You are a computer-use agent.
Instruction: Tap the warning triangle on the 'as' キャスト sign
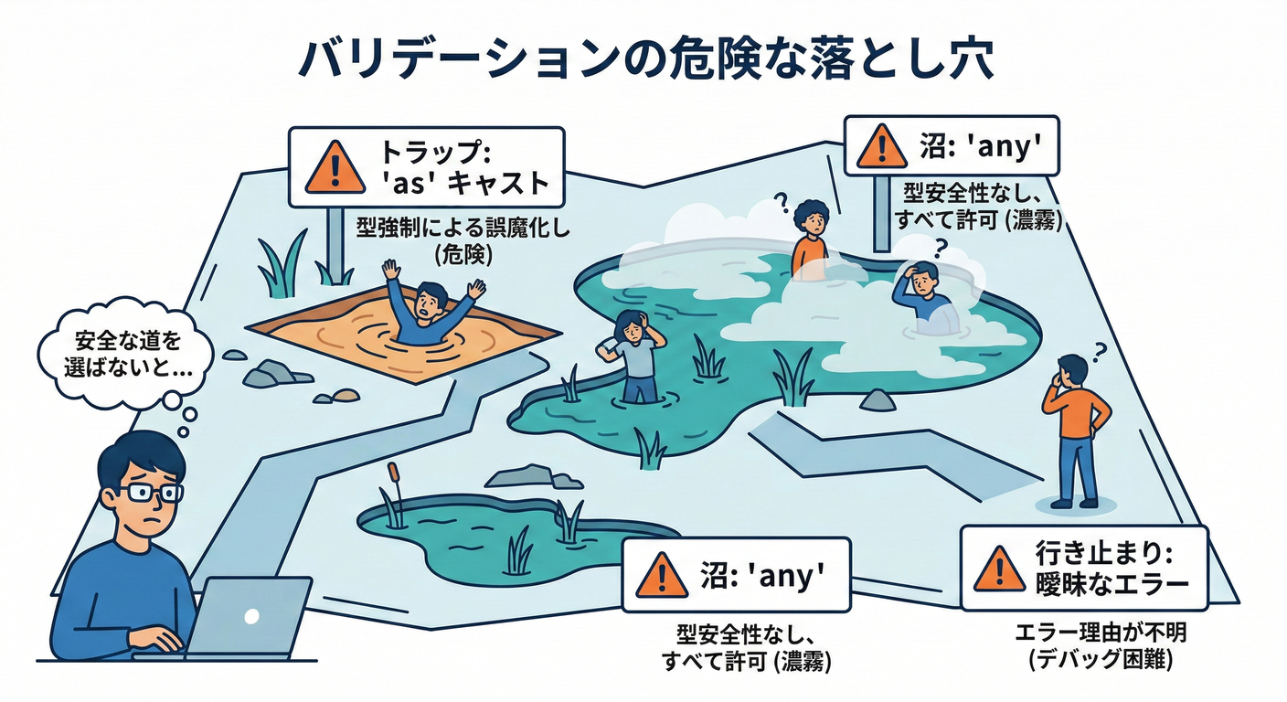[335, 168]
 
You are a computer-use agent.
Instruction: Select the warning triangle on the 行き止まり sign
[1000, 569]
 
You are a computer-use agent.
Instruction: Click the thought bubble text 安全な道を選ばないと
[128, 354]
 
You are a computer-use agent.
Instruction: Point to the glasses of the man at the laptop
[150, 494]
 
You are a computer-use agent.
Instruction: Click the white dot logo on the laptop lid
[251, 616]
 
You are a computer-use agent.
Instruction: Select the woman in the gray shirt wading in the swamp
[633, 356]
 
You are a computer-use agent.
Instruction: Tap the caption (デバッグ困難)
[1100, 659]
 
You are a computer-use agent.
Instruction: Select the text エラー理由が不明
[1101, 633]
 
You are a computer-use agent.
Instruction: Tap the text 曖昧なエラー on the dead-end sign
[1111, 585]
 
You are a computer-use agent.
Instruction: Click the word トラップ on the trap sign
[435, 153]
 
